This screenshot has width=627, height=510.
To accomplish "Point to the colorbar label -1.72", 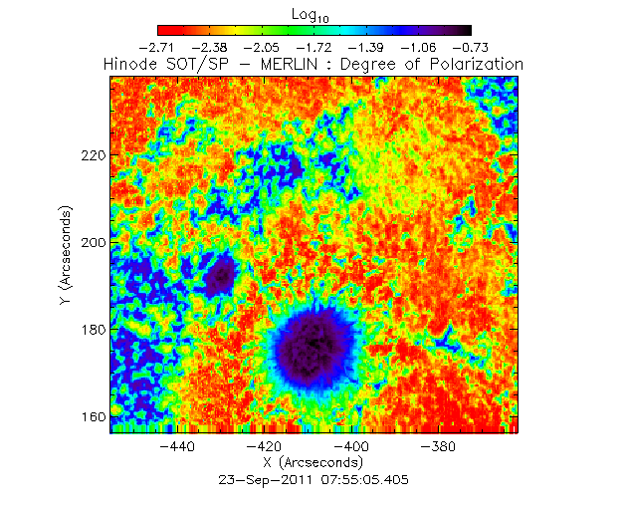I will click(x=313, y=47).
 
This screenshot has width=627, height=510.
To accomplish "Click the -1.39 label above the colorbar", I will click(x=366, y=47).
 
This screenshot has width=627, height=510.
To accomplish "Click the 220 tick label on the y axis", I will click(x=93, y=156).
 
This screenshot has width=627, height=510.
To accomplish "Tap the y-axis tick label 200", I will click(x=93, y=243).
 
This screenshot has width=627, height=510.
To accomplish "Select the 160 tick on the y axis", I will click(x=93, y=416).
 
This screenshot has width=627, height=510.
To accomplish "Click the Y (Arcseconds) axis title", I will click(x=65, y=256).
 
